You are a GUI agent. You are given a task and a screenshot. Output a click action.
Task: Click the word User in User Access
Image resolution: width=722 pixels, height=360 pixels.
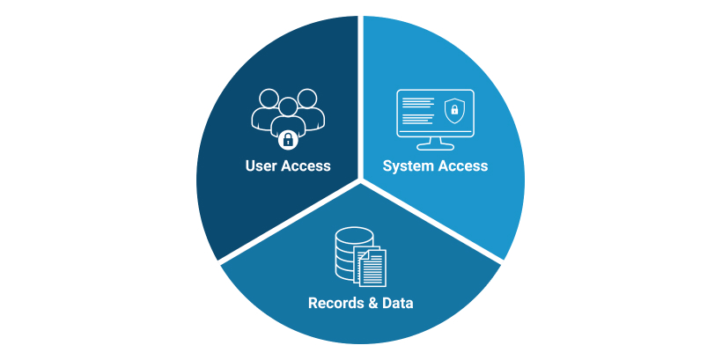pos(262,165)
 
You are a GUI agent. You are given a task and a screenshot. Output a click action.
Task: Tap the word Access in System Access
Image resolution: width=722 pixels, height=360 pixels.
pos(463,165)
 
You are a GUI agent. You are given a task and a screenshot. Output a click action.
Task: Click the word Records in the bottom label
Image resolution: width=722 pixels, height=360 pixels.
pos(335,304)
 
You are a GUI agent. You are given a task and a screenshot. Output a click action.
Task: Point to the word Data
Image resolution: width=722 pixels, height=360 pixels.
pos(396,304)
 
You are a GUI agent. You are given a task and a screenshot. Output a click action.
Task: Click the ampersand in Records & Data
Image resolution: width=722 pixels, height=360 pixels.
pos(371,304)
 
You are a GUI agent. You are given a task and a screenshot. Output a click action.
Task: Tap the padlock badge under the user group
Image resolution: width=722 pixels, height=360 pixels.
pos(286,139)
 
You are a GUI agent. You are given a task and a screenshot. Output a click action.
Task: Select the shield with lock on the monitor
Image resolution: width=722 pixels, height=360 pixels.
pos(454,110)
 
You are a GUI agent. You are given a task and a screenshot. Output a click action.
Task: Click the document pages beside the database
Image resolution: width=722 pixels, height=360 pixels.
pos(371,267)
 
